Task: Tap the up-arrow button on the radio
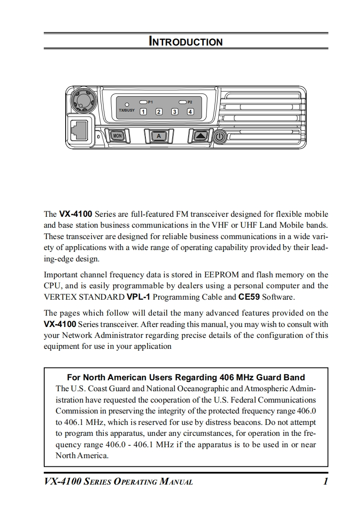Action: (200, 136)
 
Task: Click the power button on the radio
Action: (220, 136)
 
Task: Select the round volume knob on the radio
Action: (82, 99)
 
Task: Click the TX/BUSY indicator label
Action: (127, 110)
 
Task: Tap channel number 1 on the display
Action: (143, 112)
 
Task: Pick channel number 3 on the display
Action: (175, 112)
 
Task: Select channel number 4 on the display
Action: (190, 112)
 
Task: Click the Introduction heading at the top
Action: (186, 42)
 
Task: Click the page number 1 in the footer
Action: (325, 482)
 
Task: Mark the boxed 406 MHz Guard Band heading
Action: (186, 378)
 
